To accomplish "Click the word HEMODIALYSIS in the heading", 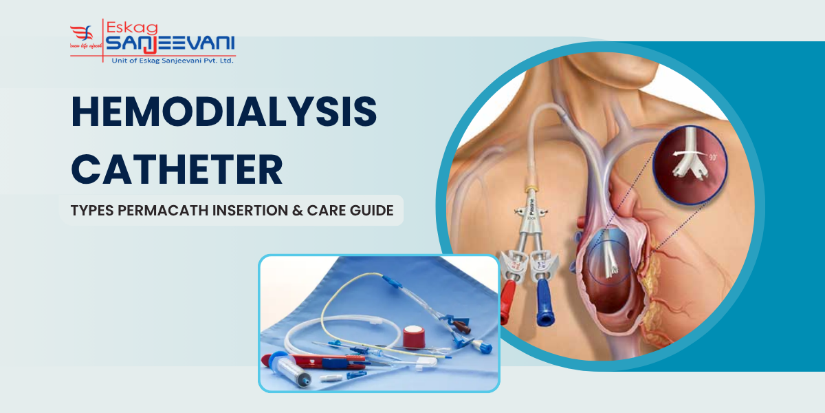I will (224, 113).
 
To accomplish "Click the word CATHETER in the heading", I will (177, 169).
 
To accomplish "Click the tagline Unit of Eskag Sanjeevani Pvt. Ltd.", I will (172, 61).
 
